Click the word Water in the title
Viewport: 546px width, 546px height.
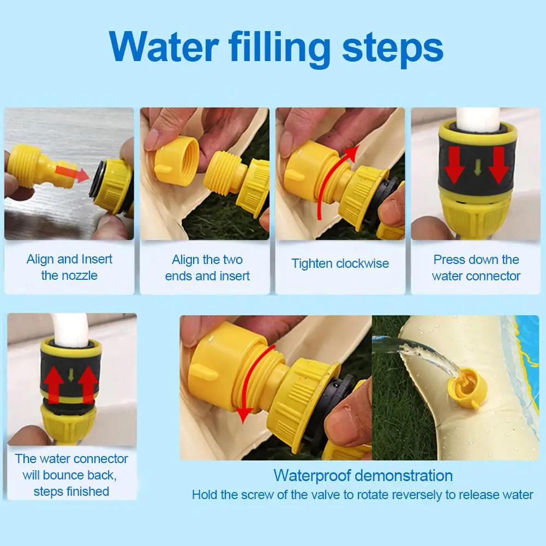[164, 46]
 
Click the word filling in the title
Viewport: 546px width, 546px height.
[279, 49]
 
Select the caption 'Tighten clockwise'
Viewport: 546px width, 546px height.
[340, 263]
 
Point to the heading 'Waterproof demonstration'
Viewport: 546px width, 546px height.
[363, 476]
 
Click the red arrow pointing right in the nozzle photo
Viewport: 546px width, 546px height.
[73, 173]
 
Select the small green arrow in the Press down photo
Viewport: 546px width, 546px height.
[478, 167]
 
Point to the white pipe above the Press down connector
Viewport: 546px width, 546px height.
[478, 118]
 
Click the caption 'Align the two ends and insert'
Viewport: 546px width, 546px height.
[207, 268]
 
